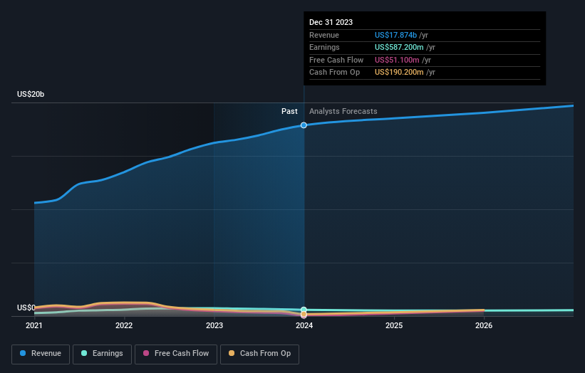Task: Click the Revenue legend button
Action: (x=41, y=353)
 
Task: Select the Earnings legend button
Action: (x=102, y=353)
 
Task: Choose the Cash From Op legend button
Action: (x=260, y=353)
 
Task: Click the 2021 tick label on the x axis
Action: (x=34, y=326)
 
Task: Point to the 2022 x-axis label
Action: (x=124, y=326)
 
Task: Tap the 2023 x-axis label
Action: (x=214, y=326)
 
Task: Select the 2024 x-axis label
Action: (x=304, y=326)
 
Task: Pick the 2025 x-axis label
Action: (x=394, y=326)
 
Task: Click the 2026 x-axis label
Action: (x=484, y=326)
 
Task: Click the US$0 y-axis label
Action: (x=26, y=308)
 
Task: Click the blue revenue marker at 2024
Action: (x=304, y=125)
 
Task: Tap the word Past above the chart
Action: (x=289, y=111)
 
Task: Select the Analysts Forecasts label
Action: (x=343, y=111)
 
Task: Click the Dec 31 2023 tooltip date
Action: (x=331, y=23)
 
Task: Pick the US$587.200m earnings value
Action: (x=404, y=48)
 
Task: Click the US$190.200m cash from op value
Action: (x=404, y=73)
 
